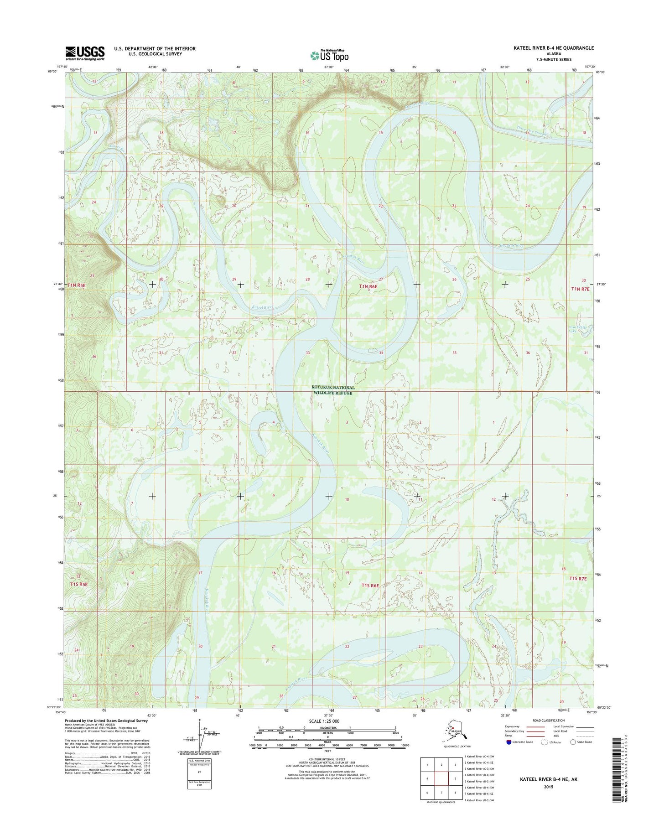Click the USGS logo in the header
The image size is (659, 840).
pyautogui.click(x=85, y=53)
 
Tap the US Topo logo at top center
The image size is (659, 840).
pyautogui.click(x=329, y=55)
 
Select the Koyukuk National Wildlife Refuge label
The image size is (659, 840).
pyautogui.click(x=333, y=390)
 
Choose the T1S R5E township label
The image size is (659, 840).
pyautogui.click(x=78, y=584)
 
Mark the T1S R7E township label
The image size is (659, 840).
pyautogui.click(x=580, y=578)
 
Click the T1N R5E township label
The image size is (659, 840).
pyautogui.click(x=76, y=285)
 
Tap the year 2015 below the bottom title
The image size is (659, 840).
pyautogui.click(x=549, y=787)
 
